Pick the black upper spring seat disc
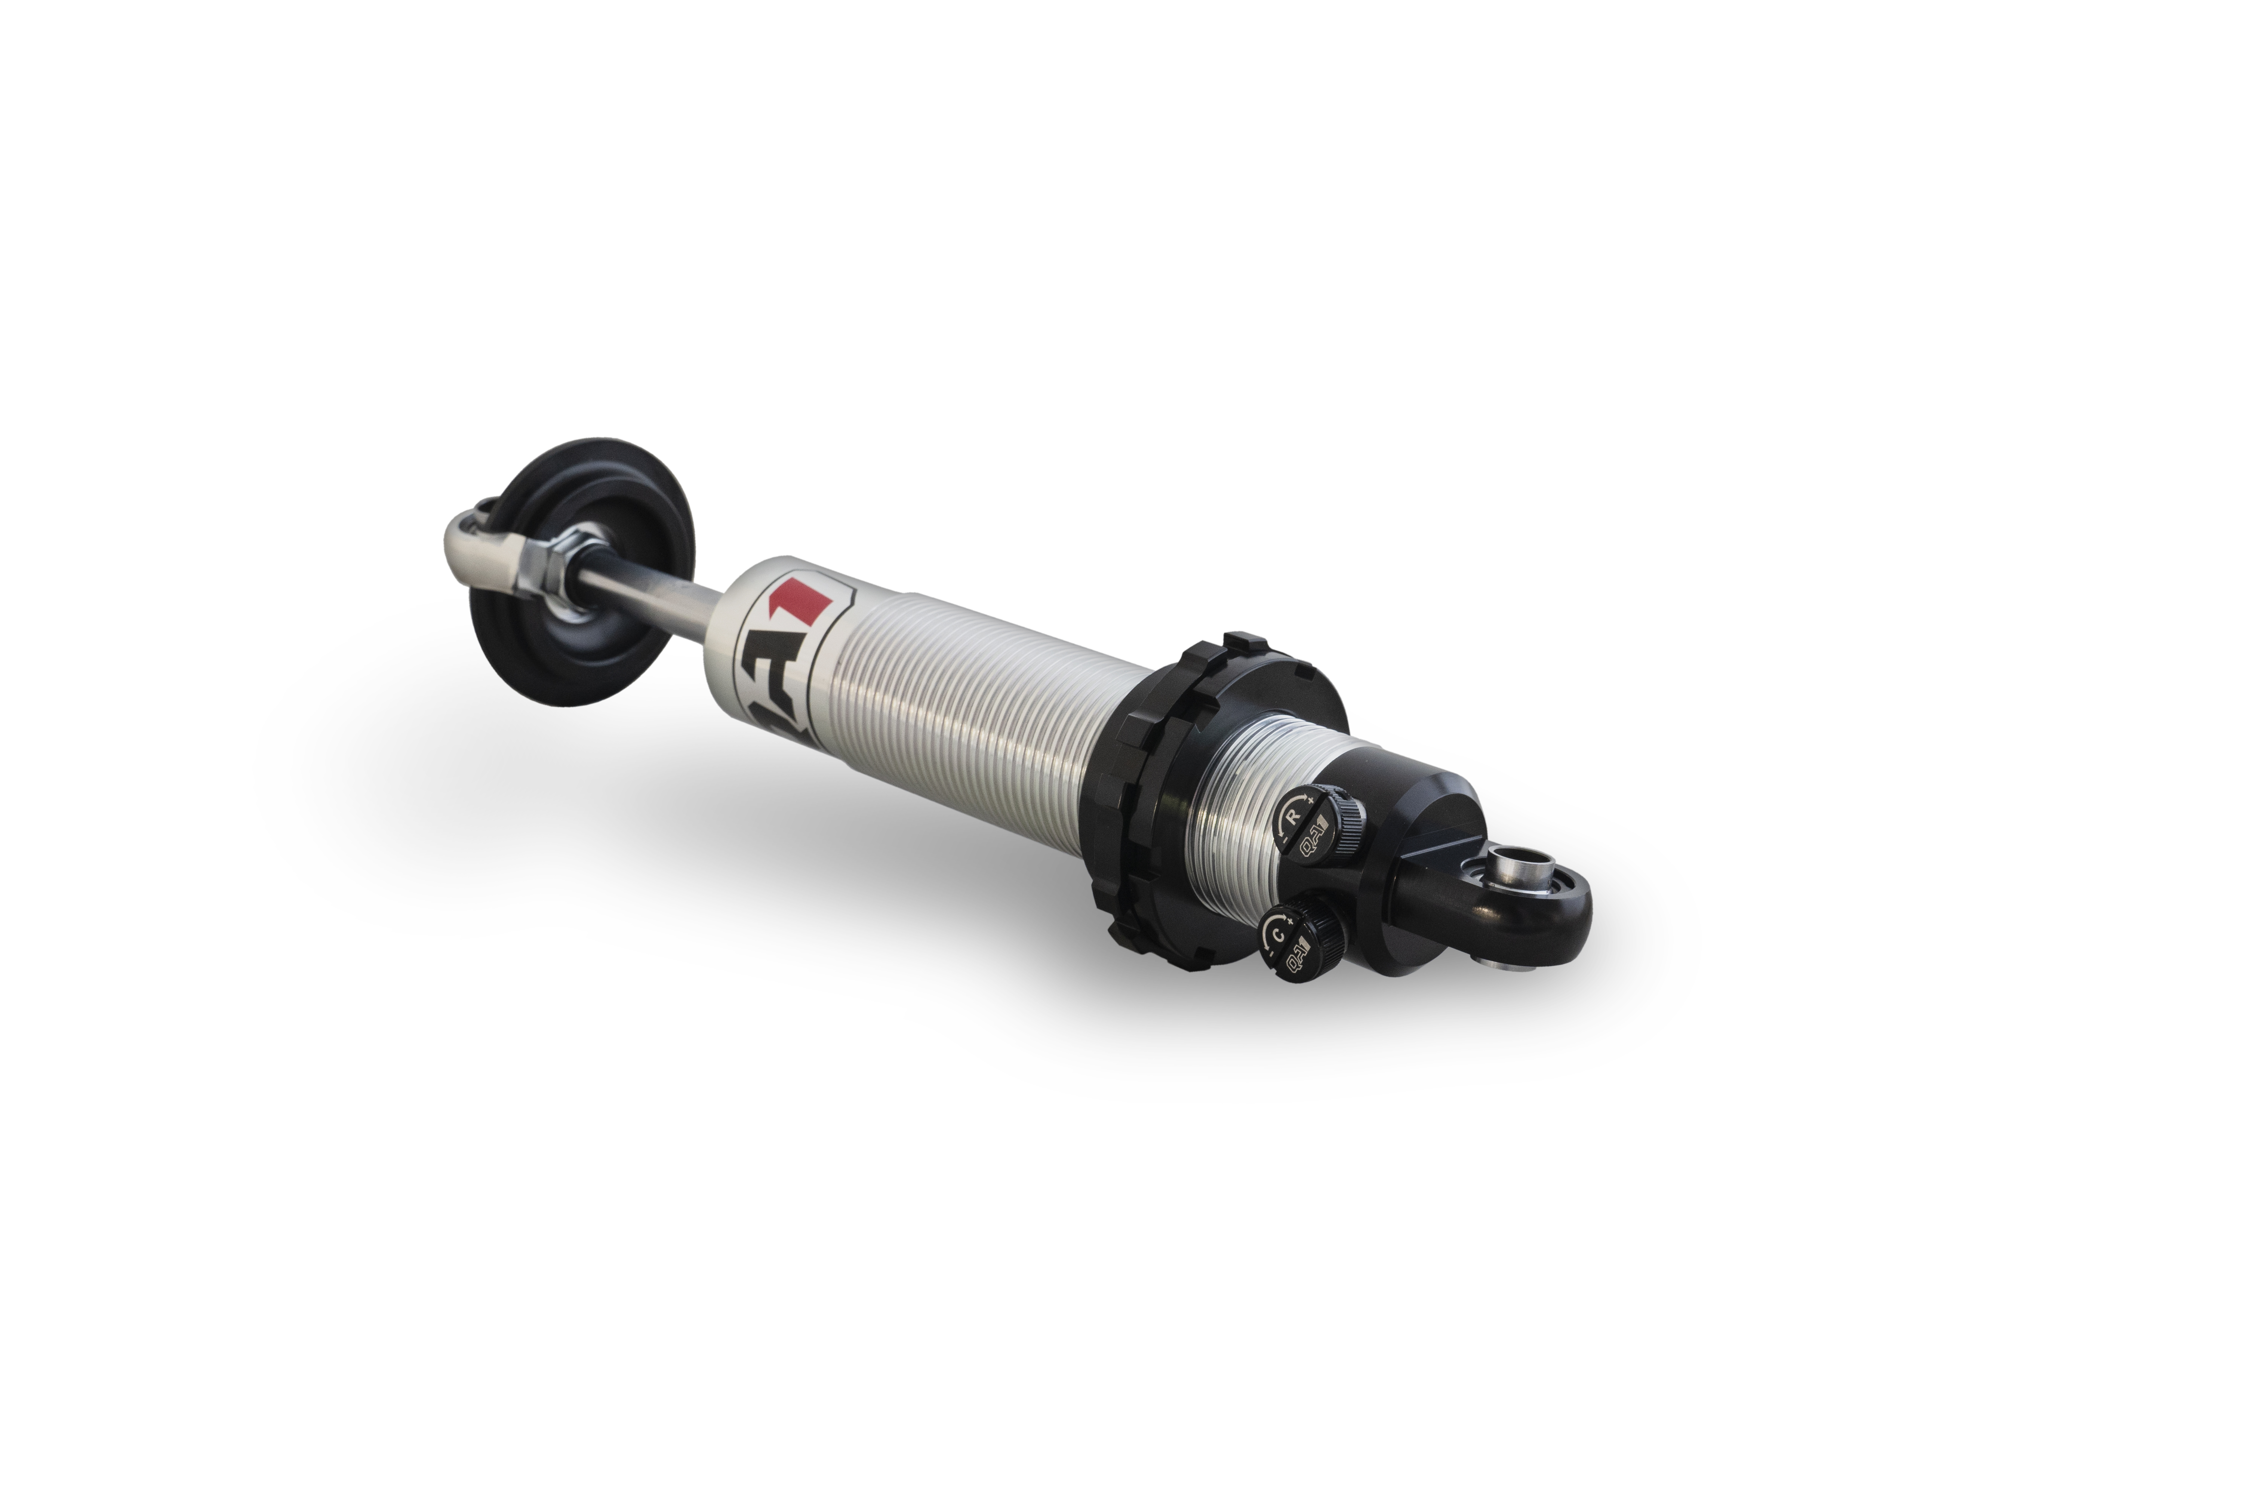[582, 572]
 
